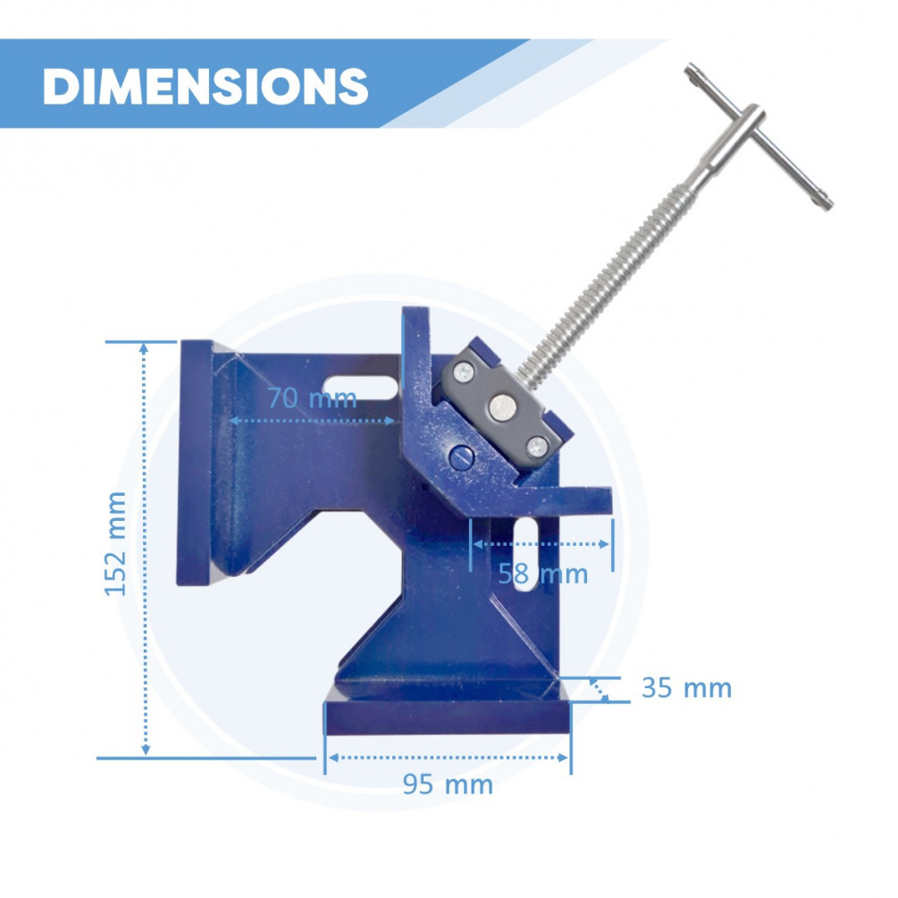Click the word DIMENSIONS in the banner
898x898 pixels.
click(205, 87)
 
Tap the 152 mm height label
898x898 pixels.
click(115, 544)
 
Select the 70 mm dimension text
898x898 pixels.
click(312, 398)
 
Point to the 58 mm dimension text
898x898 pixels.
click(542, 574)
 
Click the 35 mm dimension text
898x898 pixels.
click(686, 688)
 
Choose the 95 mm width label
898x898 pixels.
click(448, 784)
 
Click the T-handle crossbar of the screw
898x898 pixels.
click(759, 137)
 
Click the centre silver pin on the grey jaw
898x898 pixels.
click(503, 407)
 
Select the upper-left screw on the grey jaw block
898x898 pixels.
click(464, 373)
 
